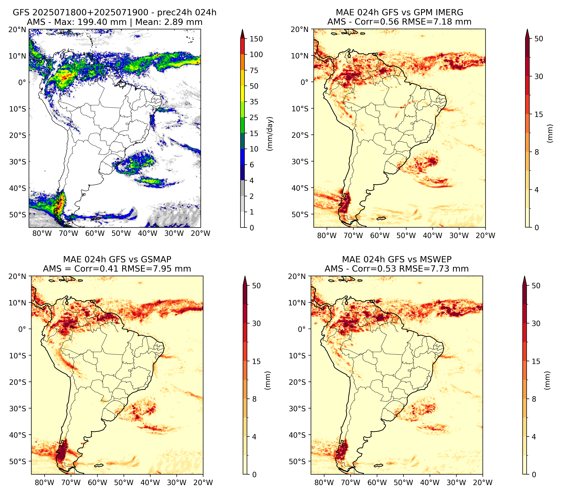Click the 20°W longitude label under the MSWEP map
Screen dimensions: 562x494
(483, 482)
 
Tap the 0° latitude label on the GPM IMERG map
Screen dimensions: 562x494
(304, 82)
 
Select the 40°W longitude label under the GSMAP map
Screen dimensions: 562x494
(150, 482)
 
